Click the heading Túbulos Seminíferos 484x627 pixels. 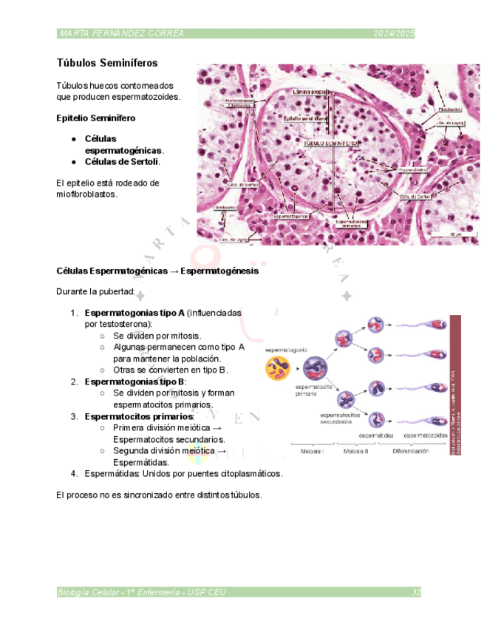pyautogui.click(x=106, y=64)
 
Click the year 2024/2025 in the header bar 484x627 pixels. pyautogui.click(x=394, y=34)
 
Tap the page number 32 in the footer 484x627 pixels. pyautogui.click(x=416, y=592)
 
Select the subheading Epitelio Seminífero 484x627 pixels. pyautogui.click(x=95, y=118)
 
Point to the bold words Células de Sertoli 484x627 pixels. pyautogui.click(x=121, y=161)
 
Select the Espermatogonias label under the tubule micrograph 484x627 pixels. pyautogui.click(x=293, y=217)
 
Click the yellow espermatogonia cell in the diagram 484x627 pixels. pyautogui.click(x=279, y=367)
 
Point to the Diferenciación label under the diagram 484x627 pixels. pyautogui.click(x=411, y=450)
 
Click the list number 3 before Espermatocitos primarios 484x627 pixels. pyautogui.click(x=74, y=416)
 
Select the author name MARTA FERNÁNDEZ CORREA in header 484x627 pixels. pyautogui.click(x=121, y=34)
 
